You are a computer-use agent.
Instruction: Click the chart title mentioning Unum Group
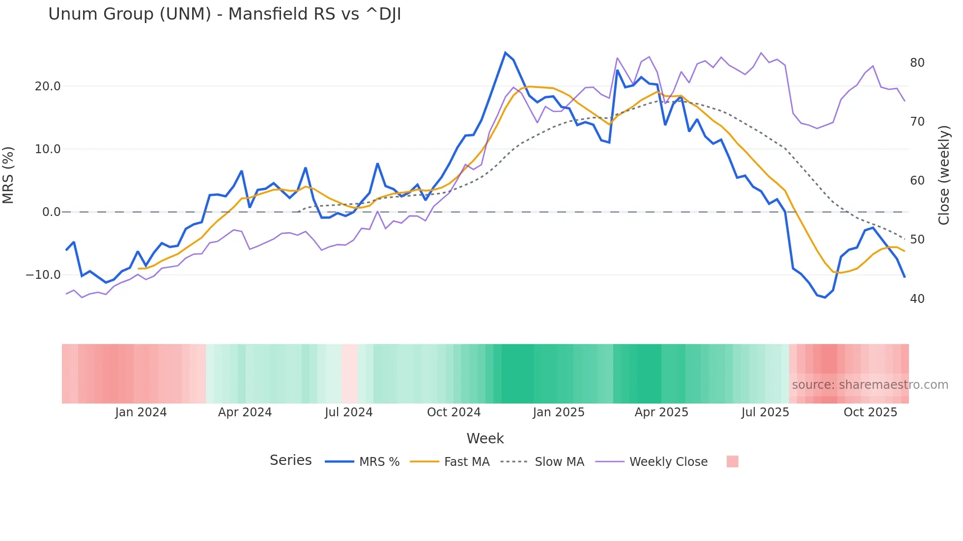click(225, 14)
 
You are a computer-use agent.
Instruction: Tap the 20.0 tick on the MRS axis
click(48, 86)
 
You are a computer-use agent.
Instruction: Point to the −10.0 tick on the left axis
click(43, 275)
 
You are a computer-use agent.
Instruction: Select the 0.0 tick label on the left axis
click(51, 212)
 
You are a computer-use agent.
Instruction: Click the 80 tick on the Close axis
click(917, 63)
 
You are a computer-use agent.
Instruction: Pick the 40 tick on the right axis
click(917, 298)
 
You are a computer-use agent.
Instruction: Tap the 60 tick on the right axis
click(917, 181)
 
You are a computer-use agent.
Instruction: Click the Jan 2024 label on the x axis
click(141, 412)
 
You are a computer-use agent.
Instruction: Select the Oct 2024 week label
click(453, 412)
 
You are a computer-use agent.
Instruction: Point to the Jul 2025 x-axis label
click(765, 412)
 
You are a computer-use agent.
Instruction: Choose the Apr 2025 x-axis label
click(661, 412)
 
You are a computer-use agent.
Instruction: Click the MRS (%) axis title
click(8, 175)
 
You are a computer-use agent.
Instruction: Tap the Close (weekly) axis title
click(943, 175)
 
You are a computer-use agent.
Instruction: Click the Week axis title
click(485, 438)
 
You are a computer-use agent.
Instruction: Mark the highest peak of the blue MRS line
click(505, 53)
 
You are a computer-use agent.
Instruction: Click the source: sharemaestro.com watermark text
click(870, 385)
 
